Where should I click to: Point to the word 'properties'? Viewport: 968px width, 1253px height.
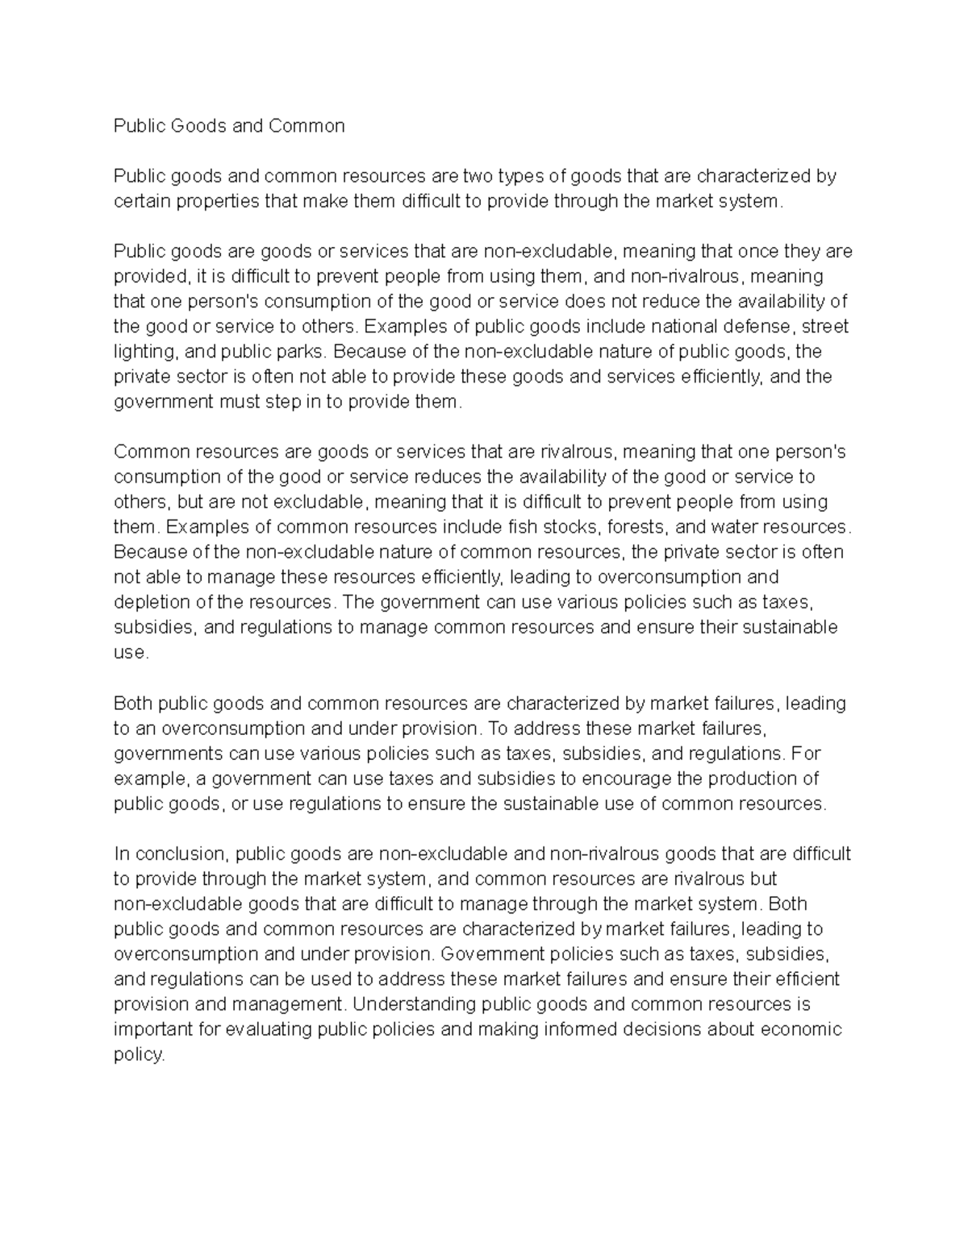pos(220,202)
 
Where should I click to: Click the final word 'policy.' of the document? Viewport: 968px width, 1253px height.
pos(139,1055)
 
